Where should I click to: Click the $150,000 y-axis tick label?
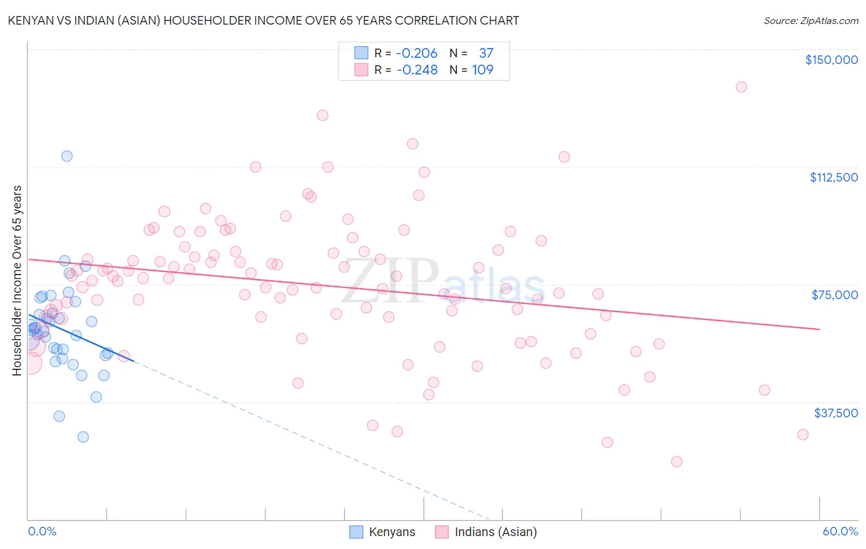click(x=831, y=60)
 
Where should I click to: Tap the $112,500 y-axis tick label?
click(x=833, y=177)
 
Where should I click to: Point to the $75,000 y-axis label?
click(x=835, y=295)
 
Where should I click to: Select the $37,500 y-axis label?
click(x=836, y=412)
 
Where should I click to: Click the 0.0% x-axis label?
click(x=42, y=531)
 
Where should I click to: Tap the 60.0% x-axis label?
click(x=840, y=531)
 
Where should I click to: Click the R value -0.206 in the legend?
click(x=416, y=53)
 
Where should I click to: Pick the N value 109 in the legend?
click(x=483, y=70)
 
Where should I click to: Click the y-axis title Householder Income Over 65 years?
click(x=17, y=280)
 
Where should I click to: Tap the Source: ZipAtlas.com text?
click(x=811, y=20)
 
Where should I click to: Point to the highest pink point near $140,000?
click(x=741, y=87)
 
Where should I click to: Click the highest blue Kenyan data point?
click(x=67, y=156)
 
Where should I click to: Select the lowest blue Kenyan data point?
click(x=83, y=437)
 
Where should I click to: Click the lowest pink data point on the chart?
click(x=676, y=462)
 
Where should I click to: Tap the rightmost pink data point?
click(x=803, y=435)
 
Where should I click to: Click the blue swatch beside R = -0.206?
click(x=361, y=53)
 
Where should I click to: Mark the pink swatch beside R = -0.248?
click(x=361, y=70)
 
